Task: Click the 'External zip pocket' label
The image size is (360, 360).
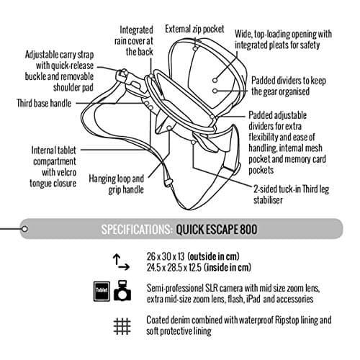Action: point(194,29)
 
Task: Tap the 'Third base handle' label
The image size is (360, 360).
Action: point(44,103)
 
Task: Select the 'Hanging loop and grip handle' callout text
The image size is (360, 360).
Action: point(117,184)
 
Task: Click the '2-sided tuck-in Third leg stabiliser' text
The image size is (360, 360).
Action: point(291,194)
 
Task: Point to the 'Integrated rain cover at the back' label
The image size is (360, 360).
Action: point(134,41)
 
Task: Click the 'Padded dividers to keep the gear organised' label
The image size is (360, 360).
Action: point(289,86)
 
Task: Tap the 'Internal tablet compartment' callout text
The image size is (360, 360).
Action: point(53,156)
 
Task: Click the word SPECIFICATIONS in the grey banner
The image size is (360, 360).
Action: point(137,230)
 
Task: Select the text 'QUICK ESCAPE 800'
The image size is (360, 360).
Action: point(217,230)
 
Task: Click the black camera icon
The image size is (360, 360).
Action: point(122,290)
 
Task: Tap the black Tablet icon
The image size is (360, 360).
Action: point(102,291)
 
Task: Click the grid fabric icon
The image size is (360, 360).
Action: point(122,326)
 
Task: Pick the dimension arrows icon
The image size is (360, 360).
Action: point(121,262)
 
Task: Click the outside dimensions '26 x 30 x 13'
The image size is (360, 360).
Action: point(166,256)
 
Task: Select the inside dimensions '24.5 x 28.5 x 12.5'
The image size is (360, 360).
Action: point(174,267)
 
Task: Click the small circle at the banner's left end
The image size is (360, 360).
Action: point(24,229)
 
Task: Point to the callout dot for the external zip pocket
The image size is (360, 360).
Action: point(195,48)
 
